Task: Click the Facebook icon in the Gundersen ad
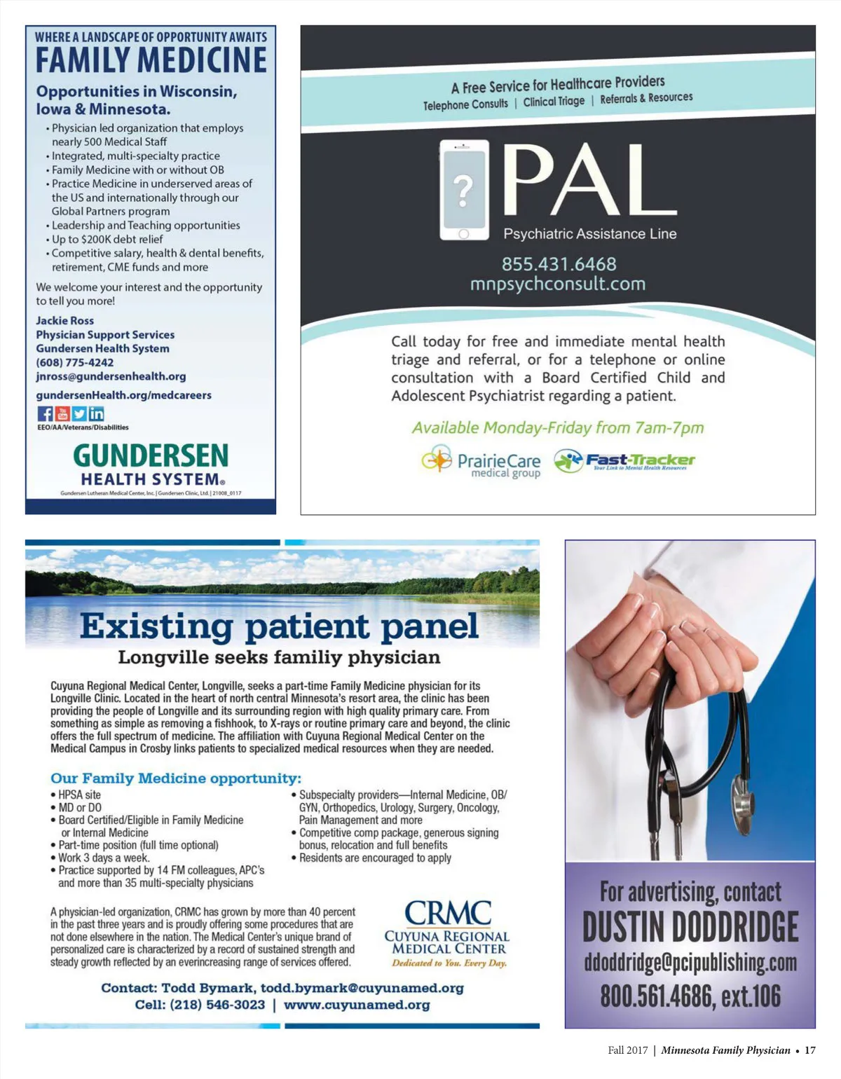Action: click(45, 414)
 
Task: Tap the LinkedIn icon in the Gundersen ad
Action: click(97, 414)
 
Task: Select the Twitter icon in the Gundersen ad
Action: click(79, 414)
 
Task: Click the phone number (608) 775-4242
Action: click(75, 362)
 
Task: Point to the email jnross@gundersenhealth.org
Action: click(111, 376)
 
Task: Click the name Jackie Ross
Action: click(64, 320)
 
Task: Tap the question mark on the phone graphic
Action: click(463, 189)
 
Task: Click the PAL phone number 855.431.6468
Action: click(559, 264)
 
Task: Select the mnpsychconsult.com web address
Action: click(558, 284)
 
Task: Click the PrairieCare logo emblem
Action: click(437, 460)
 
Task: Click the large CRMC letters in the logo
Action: click(448, 913)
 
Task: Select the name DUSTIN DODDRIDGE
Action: click(690, 926)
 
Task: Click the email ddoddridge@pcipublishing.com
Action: click(690, 963)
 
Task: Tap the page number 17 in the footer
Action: click(810, 1050)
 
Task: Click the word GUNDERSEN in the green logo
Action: click(151, 456)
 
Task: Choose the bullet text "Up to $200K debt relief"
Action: click(107, 239)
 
